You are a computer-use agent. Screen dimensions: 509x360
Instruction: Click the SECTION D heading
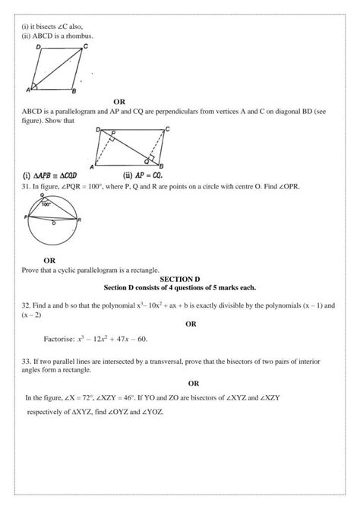(180, 279)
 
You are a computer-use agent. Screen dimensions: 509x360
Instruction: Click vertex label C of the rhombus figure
(85, 46)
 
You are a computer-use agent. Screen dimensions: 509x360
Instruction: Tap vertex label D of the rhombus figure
(38, 47)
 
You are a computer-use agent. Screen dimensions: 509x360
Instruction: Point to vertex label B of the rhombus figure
(73, 93)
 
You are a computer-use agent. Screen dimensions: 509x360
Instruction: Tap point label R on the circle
(80, 220)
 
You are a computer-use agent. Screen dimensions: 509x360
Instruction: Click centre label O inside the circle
(52, 224)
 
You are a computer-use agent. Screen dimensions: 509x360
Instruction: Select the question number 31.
(26, 185)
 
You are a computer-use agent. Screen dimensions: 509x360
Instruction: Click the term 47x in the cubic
(117, 338)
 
